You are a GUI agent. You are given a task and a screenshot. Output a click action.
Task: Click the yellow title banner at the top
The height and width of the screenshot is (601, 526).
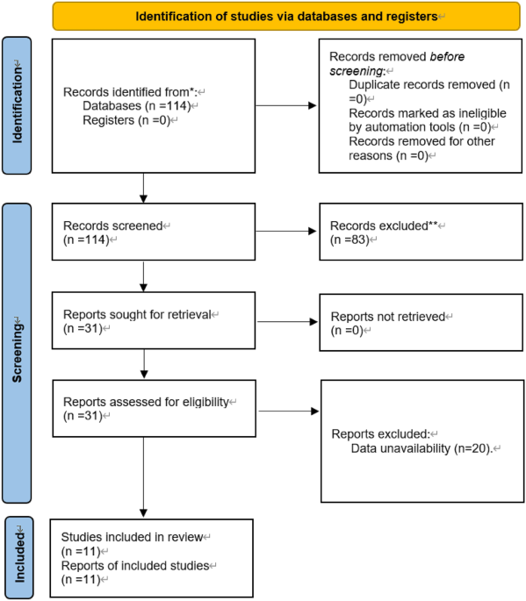[285, 17]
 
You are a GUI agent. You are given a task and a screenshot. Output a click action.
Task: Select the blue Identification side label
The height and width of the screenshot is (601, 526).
[16, 105]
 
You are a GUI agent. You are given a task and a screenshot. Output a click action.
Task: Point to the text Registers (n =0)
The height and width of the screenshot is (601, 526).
[128, 120]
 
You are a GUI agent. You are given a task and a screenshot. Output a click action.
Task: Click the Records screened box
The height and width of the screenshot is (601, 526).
[141, 233]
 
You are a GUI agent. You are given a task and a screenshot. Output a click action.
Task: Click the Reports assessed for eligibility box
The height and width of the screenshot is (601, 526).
[141, 409]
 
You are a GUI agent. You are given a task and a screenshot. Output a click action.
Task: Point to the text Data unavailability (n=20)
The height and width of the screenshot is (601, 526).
[422, 448]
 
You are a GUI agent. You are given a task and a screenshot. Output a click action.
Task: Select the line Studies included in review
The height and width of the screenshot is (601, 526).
[132, 536]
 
